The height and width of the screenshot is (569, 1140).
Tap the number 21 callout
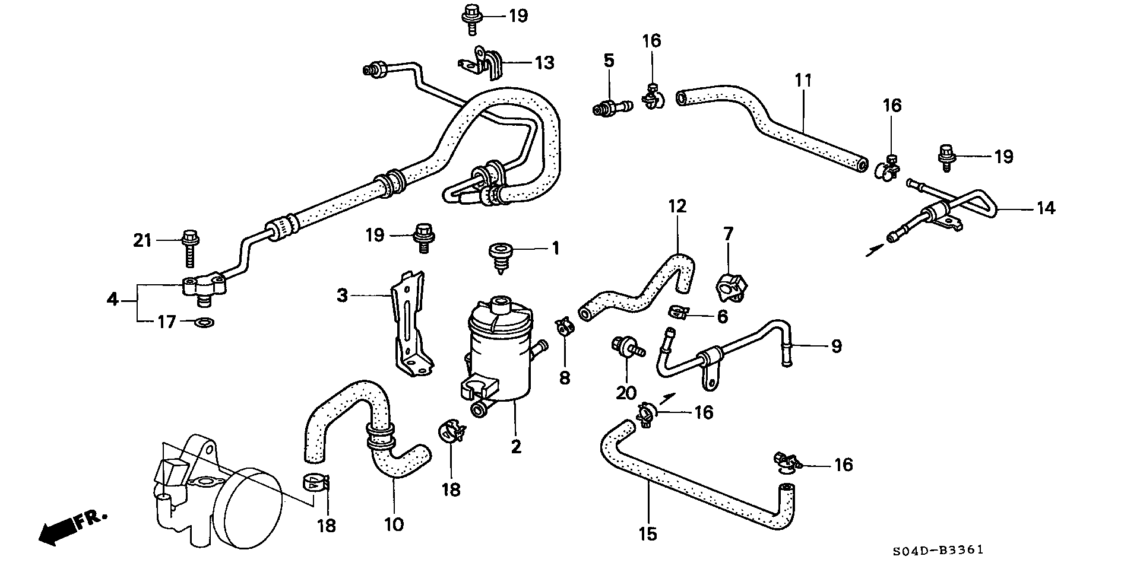click(x=142, y=241)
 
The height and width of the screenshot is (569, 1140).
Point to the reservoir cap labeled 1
click(x=501, y=257)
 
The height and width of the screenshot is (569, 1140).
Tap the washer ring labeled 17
click(x=205, y=323)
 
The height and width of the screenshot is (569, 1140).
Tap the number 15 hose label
click(x=648, y=534)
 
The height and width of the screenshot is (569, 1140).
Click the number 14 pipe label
click(x=1046, y=208)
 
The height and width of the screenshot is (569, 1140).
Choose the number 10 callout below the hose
click(x=394, y=525)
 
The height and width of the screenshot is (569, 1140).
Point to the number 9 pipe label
click(x=836, y=346)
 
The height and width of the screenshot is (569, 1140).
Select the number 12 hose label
click(x=677, y=206)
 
